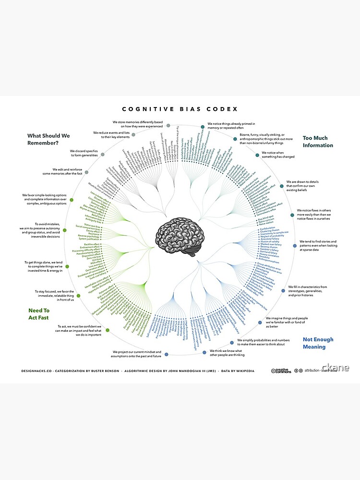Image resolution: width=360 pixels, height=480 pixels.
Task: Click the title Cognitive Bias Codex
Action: coord(180,109)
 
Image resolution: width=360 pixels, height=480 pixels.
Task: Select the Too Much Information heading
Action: coord(318,142)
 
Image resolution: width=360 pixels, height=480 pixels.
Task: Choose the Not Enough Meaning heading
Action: coord(318,343)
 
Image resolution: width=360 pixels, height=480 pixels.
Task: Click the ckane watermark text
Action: coord(336,368)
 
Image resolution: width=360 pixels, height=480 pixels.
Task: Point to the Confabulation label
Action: coord(269,229)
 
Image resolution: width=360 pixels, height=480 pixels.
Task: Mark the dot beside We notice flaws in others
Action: coord(292,215)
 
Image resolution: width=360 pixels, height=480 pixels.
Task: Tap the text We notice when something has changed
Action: coord(278,155)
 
